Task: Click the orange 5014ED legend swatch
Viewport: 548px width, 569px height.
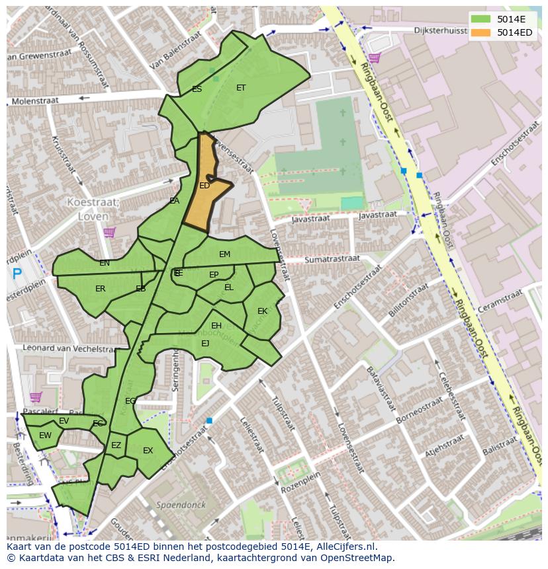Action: click(x=481, y=32)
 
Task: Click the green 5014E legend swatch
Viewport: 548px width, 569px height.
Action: click(x=481, y=19)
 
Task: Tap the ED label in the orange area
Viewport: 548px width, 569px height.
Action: click(x=205, y=186)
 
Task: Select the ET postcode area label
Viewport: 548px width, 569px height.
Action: click(x=241, y=88)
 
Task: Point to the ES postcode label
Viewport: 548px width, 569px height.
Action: click(x=197, y=89)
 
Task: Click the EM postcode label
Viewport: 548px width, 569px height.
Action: click(x=224, y=254)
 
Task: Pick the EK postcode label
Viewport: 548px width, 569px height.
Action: click(x=262, y=311)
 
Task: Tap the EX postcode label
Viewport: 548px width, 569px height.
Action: click(x=148, y=451)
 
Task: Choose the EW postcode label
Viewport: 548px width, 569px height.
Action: click(x=45, y=436)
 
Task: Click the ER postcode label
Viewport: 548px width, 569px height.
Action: click(x=100, y=289)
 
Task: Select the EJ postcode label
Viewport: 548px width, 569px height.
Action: click(x=205, y=344)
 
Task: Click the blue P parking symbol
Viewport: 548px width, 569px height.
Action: click(x=17, y=273)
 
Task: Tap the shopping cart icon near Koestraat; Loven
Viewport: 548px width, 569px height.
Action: click(x=109, y=232)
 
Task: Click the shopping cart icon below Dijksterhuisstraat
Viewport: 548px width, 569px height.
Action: click(x=375, y=58)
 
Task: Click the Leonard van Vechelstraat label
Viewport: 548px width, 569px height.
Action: click(x=61, y=348)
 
